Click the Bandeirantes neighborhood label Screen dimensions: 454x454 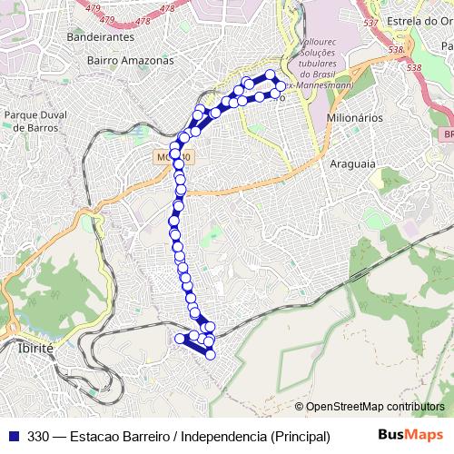[x=101, y=37]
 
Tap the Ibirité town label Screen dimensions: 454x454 [x=35, y=348]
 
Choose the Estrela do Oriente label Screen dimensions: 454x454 [x=412, y=20]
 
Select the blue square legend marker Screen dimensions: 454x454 [x=13, y=436]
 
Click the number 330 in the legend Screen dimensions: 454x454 [x=39, y=436]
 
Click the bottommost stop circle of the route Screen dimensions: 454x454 [x=211, y=354]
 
